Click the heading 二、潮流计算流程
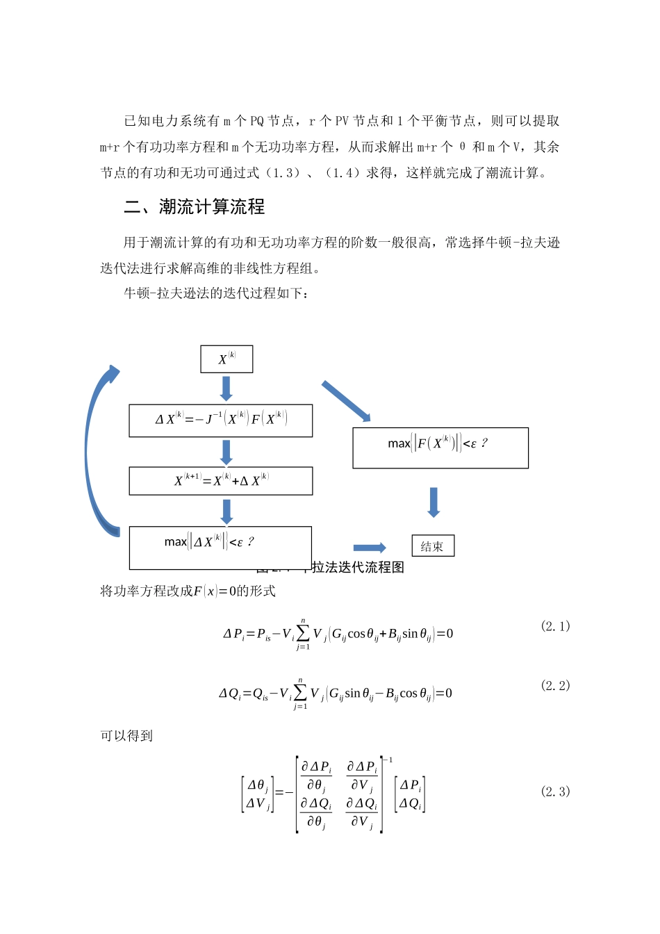pyautogui.click(x=195, y=206)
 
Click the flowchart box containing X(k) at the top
pyautogui.click(x=226, y=359)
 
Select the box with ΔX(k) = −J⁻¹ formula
pyautogui.click(x=221, y=420)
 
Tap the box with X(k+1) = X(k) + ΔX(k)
pyautogui.click(x=221, y=481)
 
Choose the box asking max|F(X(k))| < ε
pyautogui.click(x=440, y=448)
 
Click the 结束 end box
pyautogui.click(x=433, y=546)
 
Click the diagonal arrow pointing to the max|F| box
pyautogui.click(x=346, y=401)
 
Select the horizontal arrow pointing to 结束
pyautogui.click(x=369, y=548)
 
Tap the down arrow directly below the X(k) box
pyautogui.click(x=226, y=388)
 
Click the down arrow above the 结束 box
pyautogui.click(x=434, y=502)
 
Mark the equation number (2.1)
pyautogui.click(x=555, y=626)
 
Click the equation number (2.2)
pyautogui.click(x=555, y=686)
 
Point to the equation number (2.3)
pyautogui.click(x=555, y=792)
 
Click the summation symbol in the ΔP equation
pyautogui.click(x=302, y=633)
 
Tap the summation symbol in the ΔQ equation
pyautogui.click(x=300, y=693)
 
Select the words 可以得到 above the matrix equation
pyautogui.click(x=126, y=736)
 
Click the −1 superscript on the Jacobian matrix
pyautogui.click(x=388, y=760)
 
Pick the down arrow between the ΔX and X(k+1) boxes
pyautogui.click(x=226, y=452)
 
